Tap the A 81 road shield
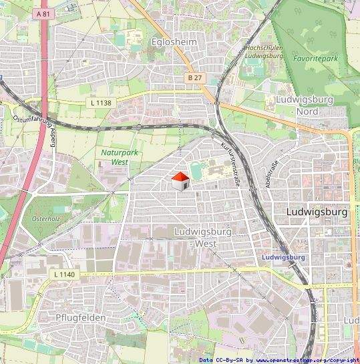point(43,14)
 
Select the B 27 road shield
point(194,78)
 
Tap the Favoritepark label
point(315,58)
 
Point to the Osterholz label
point(45,218)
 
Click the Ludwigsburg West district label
point(205,237)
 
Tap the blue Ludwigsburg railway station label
point(284,256)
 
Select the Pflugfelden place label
point(80,318)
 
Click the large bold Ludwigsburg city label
point(316,212)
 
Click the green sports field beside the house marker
point(196,171)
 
